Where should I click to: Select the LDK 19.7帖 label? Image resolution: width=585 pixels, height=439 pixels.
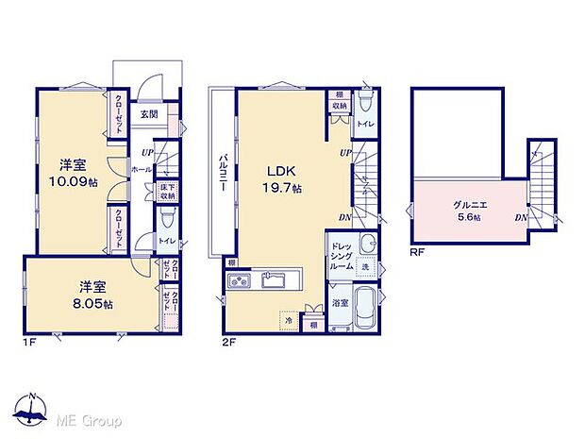tap(281, 179)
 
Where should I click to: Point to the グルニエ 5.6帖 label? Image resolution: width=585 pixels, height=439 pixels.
tap(462, 209)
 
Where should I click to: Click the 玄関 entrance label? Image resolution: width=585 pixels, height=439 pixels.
tap(149, 115)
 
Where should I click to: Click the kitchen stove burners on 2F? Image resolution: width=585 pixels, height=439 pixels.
tap(239, 280)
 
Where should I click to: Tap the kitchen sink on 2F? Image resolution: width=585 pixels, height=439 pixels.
tap(275, 280)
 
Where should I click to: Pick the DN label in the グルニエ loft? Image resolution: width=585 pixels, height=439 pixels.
tap(521, 218)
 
